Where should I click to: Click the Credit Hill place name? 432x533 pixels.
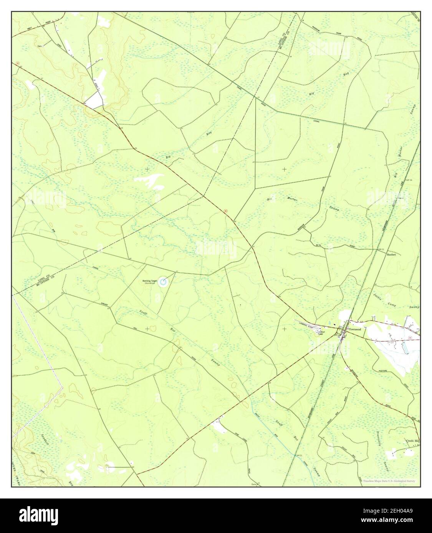pos(412,441)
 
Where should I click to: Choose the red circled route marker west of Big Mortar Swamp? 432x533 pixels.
pos(226,210)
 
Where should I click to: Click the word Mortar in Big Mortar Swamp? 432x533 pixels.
pos(292,200)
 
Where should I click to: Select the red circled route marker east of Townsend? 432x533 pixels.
pos(410,338)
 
